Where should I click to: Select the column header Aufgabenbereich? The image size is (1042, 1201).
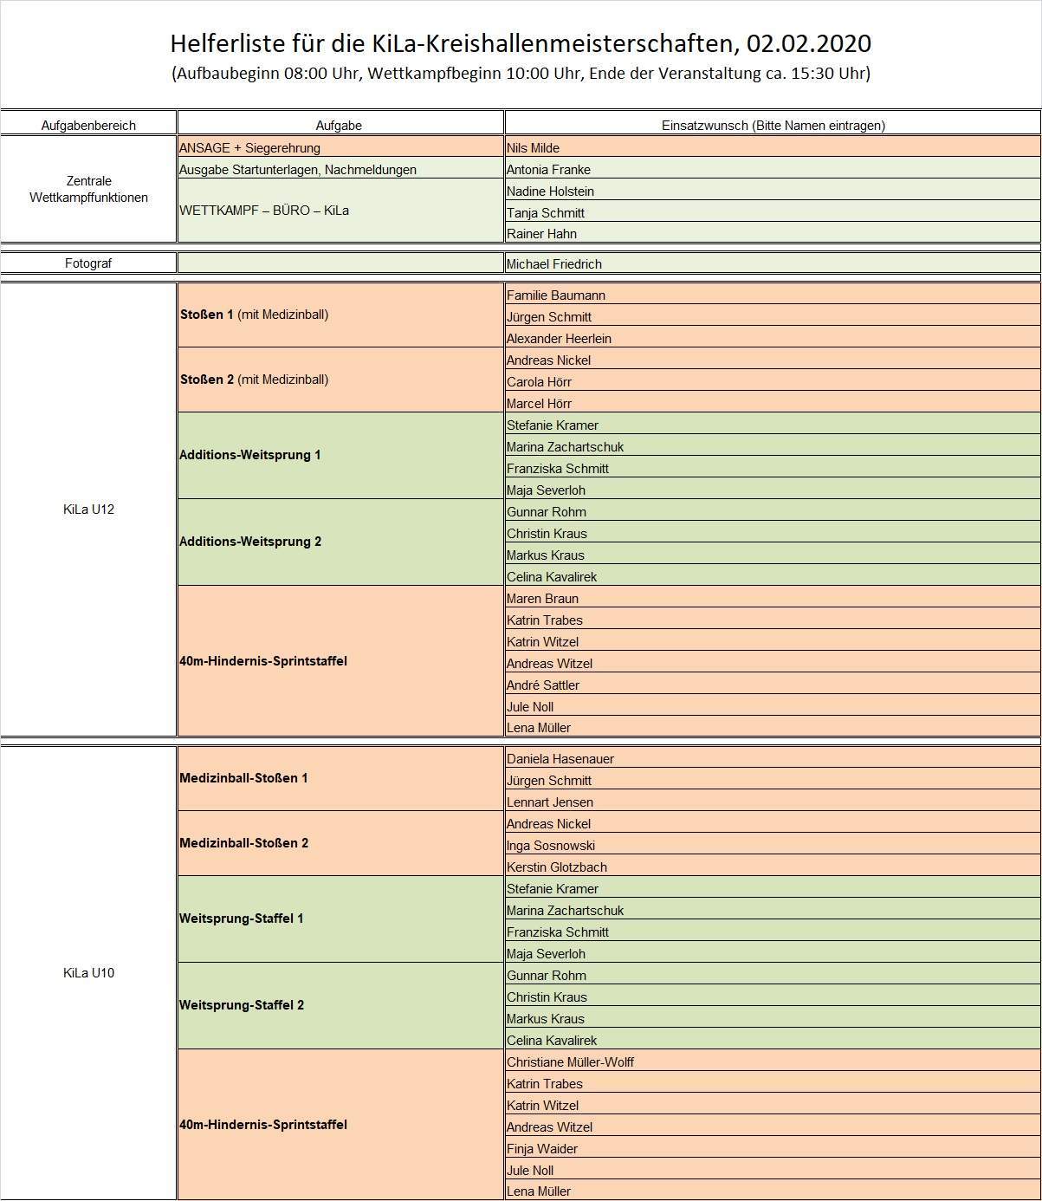click(88, 125)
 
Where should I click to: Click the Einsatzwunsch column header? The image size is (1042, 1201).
click(773, 125)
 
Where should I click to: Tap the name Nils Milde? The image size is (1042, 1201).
click(533, 148)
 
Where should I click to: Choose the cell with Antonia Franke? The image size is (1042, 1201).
click(548, 170)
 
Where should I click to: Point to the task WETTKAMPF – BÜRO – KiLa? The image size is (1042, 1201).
click(264, 211)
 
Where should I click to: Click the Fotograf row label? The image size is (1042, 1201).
click(88, 263)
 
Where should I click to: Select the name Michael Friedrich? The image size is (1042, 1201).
click(553, 264)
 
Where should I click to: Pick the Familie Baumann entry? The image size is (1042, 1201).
click(555, 295)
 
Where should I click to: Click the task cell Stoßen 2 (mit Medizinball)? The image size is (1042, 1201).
click(254, 380)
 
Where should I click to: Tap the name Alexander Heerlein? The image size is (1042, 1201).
click(559, 339)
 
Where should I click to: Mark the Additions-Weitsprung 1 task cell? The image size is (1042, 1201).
click(250, 455)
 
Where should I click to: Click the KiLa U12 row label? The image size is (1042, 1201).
click(88, 510)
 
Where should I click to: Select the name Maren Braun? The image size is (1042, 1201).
click(542, 599)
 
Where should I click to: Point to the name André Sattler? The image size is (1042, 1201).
click(543, 685)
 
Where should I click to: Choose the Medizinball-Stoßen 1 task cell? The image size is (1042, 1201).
click(243, 778)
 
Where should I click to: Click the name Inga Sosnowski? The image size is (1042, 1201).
click(550, 846)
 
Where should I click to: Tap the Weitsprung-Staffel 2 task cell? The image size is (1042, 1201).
click(242, 1005)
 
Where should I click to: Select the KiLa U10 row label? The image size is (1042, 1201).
click(88, 973)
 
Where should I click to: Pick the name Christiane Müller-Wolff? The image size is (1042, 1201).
click(570, 1062)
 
